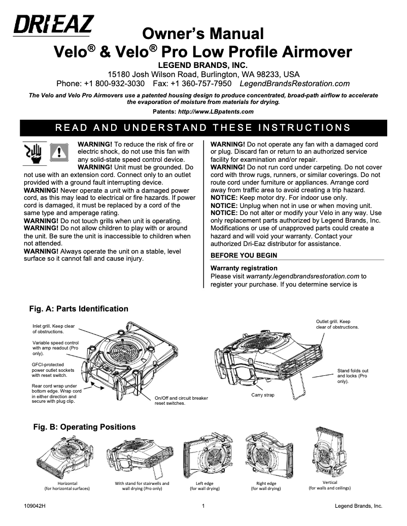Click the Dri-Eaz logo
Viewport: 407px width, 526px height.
pyautogui.click(x=53, y=25)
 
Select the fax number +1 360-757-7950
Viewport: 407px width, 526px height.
pyautogui.click(x=201, y=83)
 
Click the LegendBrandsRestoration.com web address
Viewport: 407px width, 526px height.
pyautogui.click(x=294, y=83)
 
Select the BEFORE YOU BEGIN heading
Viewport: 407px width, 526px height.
pyautogui.click(x=244, y=255)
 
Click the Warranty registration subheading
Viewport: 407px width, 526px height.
pyautogui.click(x=244, y=268)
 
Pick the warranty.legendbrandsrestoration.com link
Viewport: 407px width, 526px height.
pyautogui.click(x=302, y=276)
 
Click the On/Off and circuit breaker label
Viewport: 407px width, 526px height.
pyautogui.click(x=181, y=401)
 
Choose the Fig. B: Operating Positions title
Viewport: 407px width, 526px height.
pyautogui.click(x=84, y=427)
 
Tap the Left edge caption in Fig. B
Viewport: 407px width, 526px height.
pyautogui.click(x=205, y=486)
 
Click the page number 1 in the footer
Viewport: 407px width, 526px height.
pyautogui.click(x=203, y=506)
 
